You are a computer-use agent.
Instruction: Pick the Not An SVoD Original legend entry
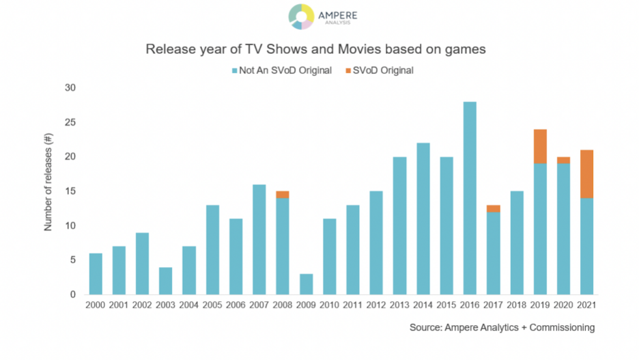(x=281, y=70)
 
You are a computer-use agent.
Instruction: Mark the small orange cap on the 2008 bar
(x=282, y=194)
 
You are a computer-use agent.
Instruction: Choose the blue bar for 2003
(x=165, y=281)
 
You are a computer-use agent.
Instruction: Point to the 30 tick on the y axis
(x=70, y=87)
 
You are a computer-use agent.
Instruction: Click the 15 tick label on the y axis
(x=70, y=191)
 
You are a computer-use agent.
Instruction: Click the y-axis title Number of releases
(x=48, y=191)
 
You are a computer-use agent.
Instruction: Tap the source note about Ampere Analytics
(x=502, y=328)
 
